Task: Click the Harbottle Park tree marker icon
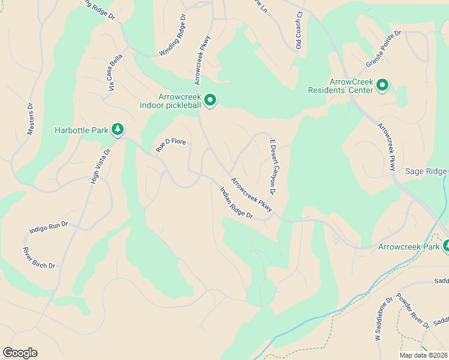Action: pos(118,129)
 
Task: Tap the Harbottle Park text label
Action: pos(81,130)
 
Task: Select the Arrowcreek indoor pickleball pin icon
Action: pos(210,100)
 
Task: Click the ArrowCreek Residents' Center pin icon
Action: pos(382,86)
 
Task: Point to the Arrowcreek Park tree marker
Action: pos(445,246)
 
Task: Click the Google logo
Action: pos(20,353)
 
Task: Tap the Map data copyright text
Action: pos(423,355)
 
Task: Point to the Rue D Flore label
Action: pos(172,145)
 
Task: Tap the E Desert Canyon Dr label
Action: pos(272,167)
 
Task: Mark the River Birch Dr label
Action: pos(39,257)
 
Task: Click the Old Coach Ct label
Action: pos(298,30)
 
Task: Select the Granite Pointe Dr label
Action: pos(383,50)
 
